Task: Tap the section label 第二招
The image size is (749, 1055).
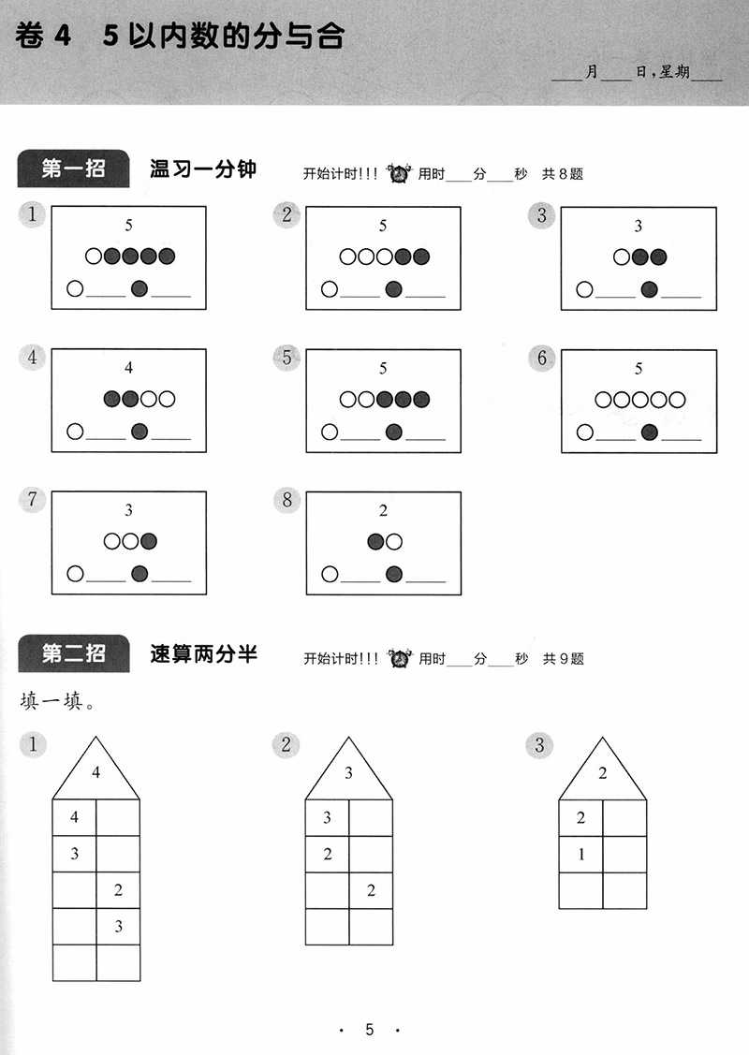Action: tap(73, 653)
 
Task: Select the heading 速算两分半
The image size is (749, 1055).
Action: tap(203, 653)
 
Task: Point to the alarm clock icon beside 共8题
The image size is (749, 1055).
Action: tap(400, 173)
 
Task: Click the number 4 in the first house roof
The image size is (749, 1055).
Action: tap(95, 773)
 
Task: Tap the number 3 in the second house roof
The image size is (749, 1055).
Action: tap(349, 773)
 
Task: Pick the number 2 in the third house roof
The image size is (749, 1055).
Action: tap(602, 773)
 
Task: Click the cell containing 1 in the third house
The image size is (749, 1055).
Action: tap(580, 854)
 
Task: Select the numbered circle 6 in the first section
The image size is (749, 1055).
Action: tap(542, 358)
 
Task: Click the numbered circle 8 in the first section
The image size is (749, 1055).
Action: tap(287, 500)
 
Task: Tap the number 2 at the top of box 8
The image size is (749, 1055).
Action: tap(383, 511)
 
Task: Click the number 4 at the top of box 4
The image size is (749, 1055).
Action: tap(129, 368)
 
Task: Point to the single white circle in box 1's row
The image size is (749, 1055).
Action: tap(94, 256)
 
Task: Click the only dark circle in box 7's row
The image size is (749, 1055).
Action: tap(148, 541)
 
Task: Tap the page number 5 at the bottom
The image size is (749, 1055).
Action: tap(370, 1030)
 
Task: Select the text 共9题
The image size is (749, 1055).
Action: tap(564, 658)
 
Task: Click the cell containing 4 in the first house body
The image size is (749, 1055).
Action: tap(75, 818)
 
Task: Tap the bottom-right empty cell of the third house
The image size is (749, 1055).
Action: tap(624, 889)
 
